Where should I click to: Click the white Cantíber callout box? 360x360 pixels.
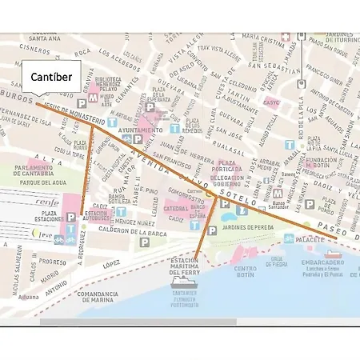coord(52,77)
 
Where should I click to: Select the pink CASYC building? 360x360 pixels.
coord(271,103)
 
